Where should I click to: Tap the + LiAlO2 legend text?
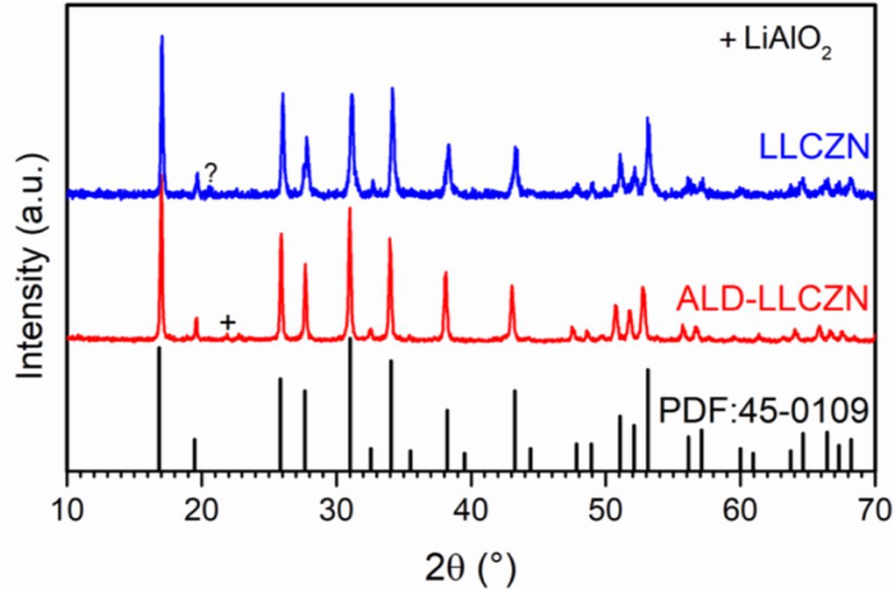(x=775, y=42)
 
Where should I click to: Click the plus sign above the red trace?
(x=227, y=322)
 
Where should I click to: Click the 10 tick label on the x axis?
(x=66, y=506)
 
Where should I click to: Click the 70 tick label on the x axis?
(x=874, y=506)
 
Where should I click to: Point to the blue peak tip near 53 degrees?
(x=647, y=119)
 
